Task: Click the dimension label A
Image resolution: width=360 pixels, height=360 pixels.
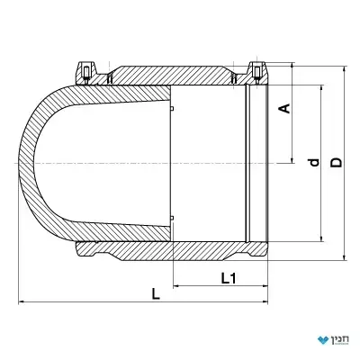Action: (285, 108)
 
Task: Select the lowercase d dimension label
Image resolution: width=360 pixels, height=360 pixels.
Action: (314, 162)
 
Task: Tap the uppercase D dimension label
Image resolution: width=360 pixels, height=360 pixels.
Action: (337, 162)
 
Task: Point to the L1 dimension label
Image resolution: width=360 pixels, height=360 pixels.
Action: (229, 279)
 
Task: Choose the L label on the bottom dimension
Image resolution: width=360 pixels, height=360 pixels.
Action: (156, 294)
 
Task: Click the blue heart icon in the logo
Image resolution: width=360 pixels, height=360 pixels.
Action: (323, 340)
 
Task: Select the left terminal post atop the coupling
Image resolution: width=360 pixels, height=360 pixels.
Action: (86, 73)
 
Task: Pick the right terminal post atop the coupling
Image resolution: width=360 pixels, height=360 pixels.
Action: (257, 73)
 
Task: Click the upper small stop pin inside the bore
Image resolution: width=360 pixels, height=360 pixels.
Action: (172, 108)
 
